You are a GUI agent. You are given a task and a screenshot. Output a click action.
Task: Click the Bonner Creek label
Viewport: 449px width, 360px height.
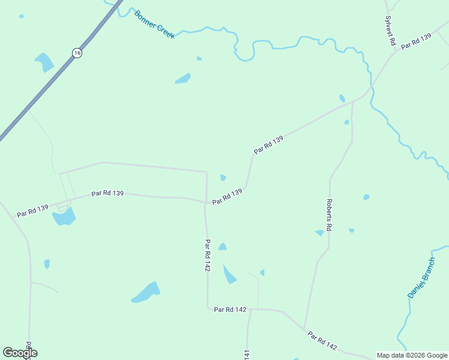[x=155, y=25]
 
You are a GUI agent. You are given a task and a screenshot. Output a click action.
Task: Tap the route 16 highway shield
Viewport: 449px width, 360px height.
[x=77, y=53]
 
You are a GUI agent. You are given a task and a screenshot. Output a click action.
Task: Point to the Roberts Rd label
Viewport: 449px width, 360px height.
[x=329, y=215]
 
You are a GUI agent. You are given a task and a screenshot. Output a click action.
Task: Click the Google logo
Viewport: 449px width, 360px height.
[x=19, y=353]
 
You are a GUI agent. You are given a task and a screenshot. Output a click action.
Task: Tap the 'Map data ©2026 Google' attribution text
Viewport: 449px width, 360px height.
[x=412, y=355]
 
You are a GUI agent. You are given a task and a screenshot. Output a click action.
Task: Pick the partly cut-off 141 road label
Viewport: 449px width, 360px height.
[x=247, y=355]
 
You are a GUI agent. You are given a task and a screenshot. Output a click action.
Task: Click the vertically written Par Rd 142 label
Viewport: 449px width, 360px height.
[x=207, y=256]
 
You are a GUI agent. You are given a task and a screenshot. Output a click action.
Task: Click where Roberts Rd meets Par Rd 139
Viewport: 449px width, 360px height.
[x=352, y=101]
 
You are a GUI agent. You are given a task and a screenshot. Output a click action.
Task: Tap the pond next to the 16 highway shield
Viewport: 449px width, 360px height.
[x=44, y=62]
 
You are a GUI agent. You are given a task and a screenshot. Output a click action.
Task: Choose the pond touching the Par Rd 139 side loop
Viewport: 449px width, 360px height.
[x=64, y=216]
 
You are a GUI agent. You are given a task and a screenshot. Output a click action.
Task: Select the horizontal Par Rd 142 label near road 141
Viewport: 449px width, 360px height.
[x=231, y=310]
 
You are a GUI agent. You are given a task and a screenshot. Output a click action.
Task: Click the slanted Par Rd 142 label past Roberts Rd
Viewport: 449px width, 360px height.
[x=322, y=341]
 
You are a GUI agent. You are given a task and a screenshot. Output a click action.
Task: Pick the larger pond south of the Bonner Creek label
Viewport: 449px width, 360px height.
[x=183, y=79]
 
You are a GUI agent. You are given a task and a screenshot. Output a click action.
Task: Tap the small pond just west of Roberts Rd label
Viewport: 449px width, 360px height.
[x=319, y=233]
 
